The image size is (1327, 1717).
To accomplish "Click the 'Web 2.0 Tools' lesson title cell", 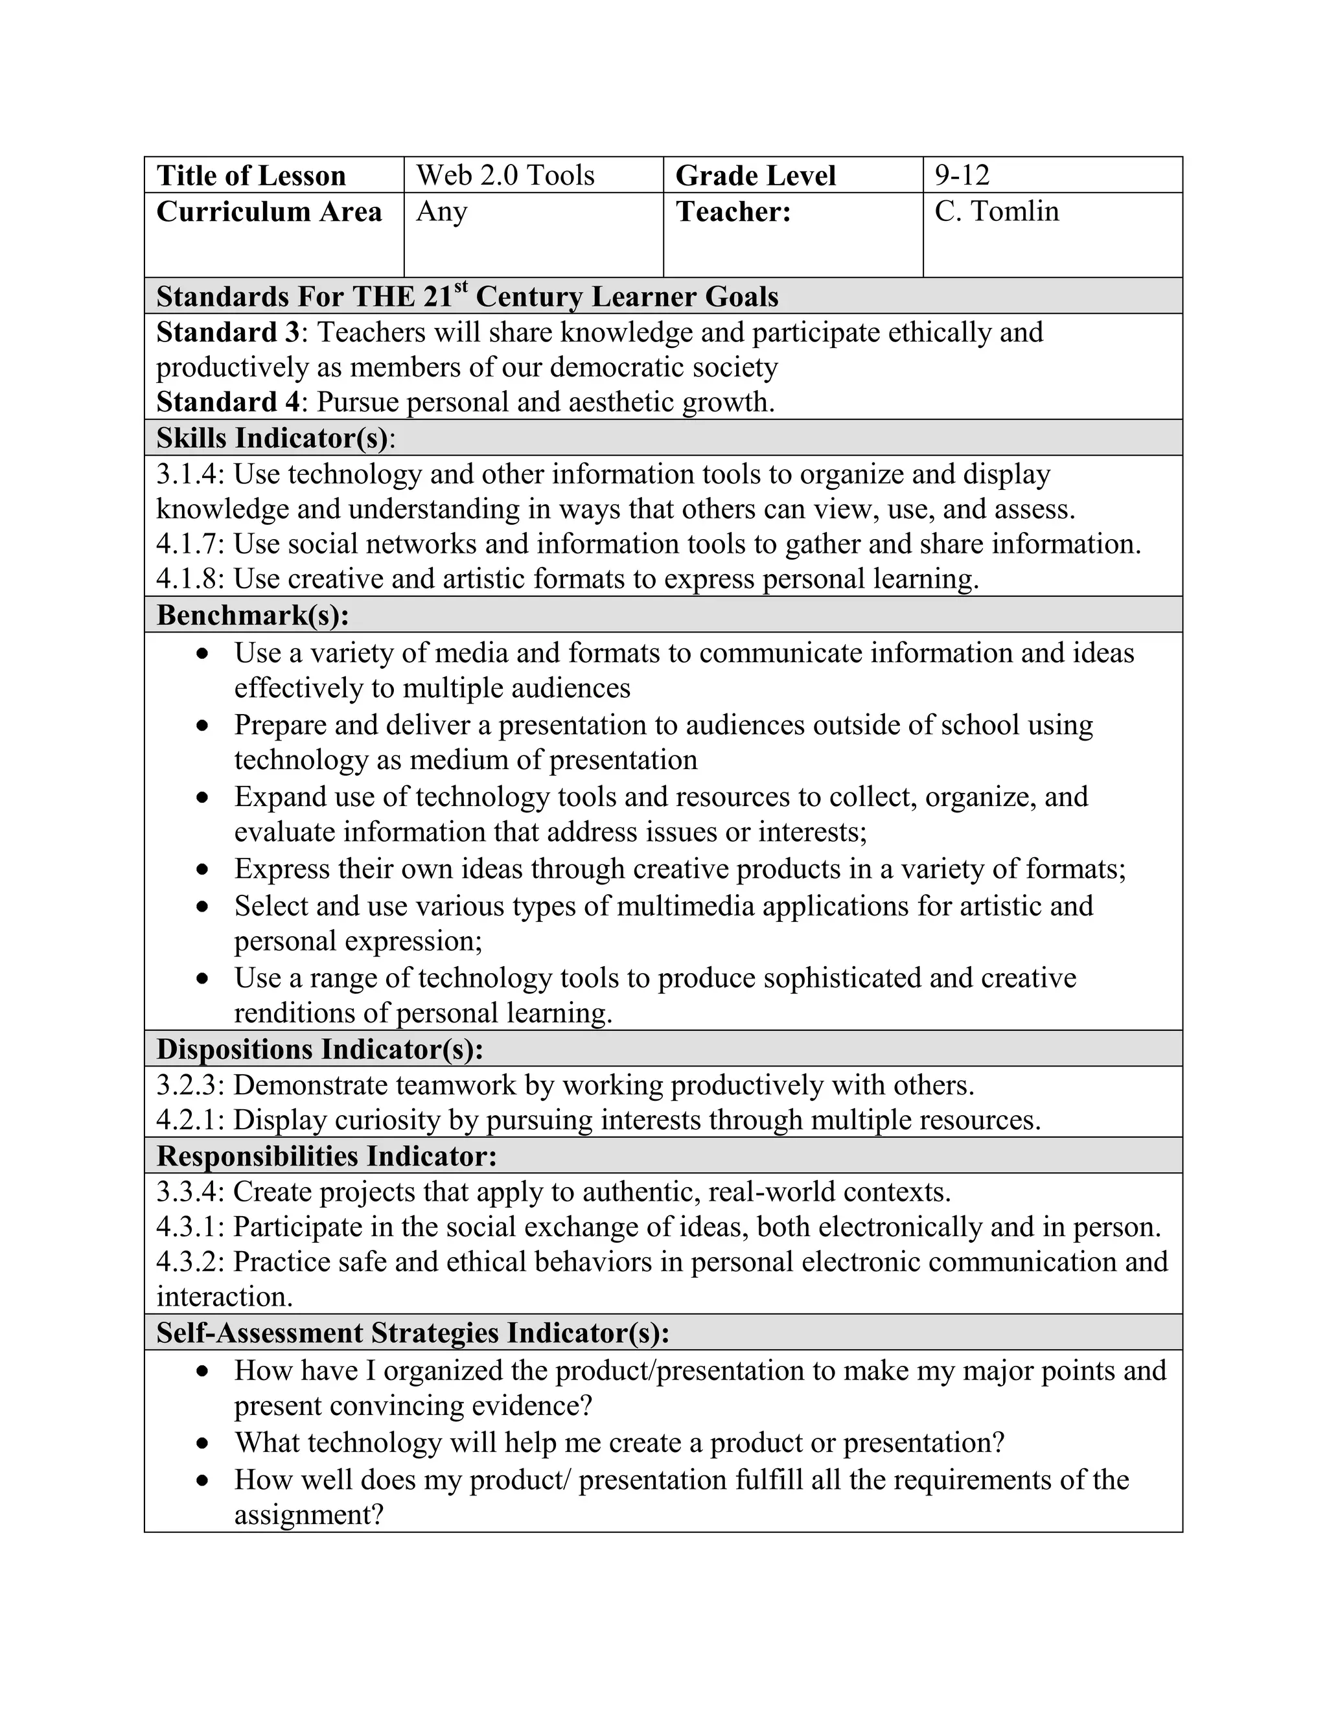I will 505,176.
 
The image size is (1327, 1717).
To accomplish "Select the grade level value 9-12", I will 962,176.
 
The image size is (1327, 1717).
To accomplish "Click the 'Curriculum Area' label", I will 269,213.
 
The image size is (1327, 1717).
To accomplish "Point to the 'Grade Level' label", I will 755,176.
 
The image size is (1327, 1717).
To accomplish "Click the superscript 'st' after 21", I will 461,287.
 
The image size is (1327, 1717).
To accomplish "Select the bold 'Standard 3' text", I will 228,332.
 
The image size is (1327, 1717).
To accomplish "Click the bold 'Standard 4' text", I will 228,402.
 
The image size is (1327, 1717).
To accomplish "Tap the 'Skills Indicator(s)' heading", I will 272,438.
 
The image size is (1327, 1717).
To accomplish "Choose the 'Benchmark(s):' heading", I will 252,615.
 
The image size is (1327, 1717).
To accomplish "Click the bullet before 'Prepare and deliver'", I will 203,726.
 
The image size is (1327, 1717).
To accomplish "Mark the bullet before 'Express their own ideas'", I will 203,870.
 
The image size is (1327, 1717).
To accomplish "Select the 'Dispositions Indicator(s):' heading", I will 319,1050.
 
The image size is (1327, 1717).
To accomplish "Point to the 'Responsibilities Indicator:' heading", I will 327,1157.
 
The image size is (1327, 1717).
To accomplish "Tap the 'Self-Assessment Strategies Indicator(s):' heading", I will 413,1333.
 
